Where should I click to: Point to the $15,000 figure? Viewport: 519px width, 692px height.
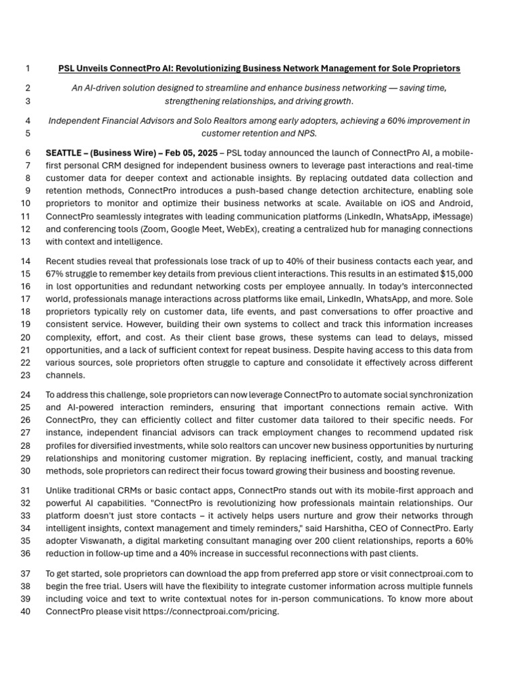(x=456, y=274)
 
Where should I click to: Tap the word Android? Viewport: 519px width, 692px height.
(x=455, y=203)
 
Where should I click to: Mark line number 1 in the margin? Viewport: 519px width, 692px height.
(x=27, y=68)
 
